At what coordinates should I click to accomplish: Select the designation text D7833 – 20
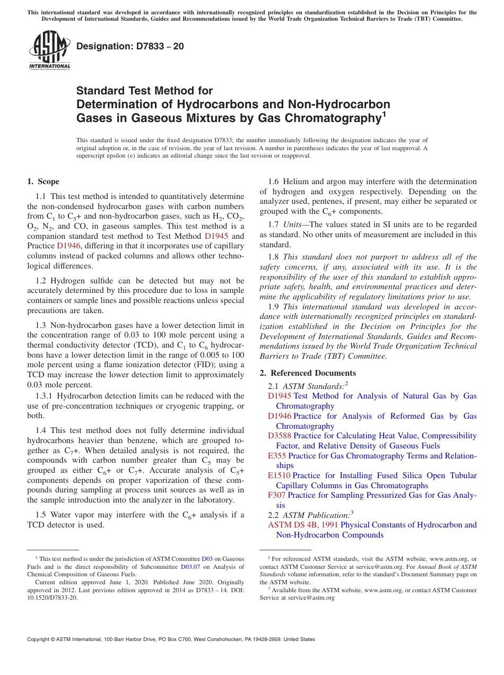[130, 46]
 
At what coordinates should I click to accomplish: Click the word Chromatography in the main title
[334, 118]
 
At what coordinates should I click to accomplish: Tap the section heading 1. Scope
[44, 181]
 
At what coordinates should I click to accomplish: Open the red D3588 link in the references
[280, 436]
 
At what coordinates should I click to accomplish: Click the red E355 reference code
[277, 456]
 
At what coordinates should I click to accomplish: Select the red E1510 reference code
[279, 475]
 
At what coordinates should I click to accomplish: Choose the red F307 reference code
[277, 495]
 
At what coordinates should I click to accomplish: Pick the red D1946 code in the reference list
[280, 416]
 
